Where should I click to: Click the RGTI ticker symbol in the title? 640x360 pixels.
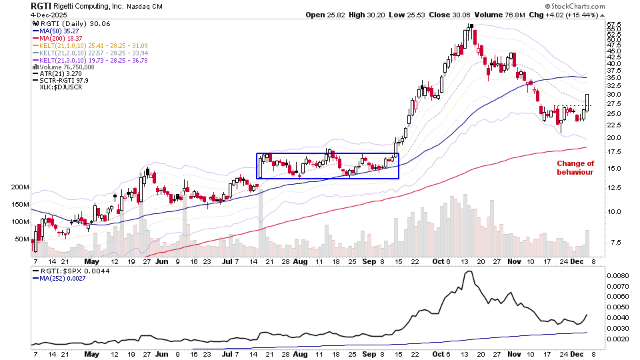(41, 6)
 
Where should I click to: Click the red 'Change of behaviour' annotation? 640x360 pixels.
(575, 167)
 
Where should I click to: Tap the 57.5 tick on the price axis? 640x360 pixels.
(615, 25)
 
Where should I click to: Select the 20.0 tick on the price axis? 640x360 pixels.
(615, 137)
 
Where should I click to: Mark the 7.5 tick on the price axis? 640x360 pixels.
(615, 242)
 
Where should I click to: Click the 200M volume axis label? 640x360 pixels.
(20, 188)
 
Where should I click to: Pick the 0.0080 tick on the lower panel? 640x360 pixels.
(618, 275)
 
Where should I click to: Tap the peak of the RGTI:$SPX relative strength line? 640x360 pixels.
(469, 271)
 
